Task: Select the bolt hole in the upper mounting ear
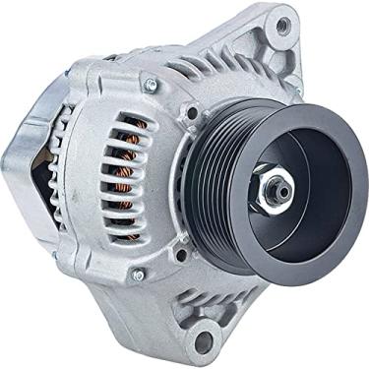[x=282, y=26]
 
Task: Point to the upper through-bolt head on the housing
[x=151, y=85]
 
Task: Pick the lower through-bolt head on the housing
[x=138, y=277]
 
